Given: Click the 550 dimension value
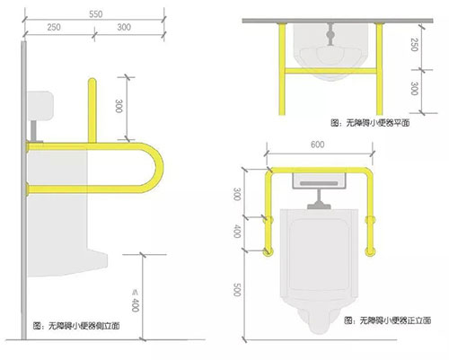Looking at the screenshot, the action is coord(96,14).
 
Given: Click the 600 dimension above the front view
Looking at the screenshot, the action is coord(317,145).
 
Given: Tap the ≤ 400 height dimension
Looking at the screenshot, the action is coord(136,301).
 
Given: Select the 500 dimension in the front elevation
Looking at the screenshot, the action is coord(237,290).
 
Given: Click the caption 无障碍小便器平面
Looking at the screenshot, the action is coord(370,123).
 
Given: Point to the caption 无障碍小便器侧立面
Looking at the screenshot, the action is coord(76,325).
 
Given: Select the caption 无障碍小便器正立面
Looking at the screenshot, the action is coord(388,320).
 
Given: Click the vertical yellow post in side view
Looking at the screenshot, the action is coord(92,110).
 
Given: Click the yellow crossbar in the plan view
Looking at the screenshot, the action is coord(330,71).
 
